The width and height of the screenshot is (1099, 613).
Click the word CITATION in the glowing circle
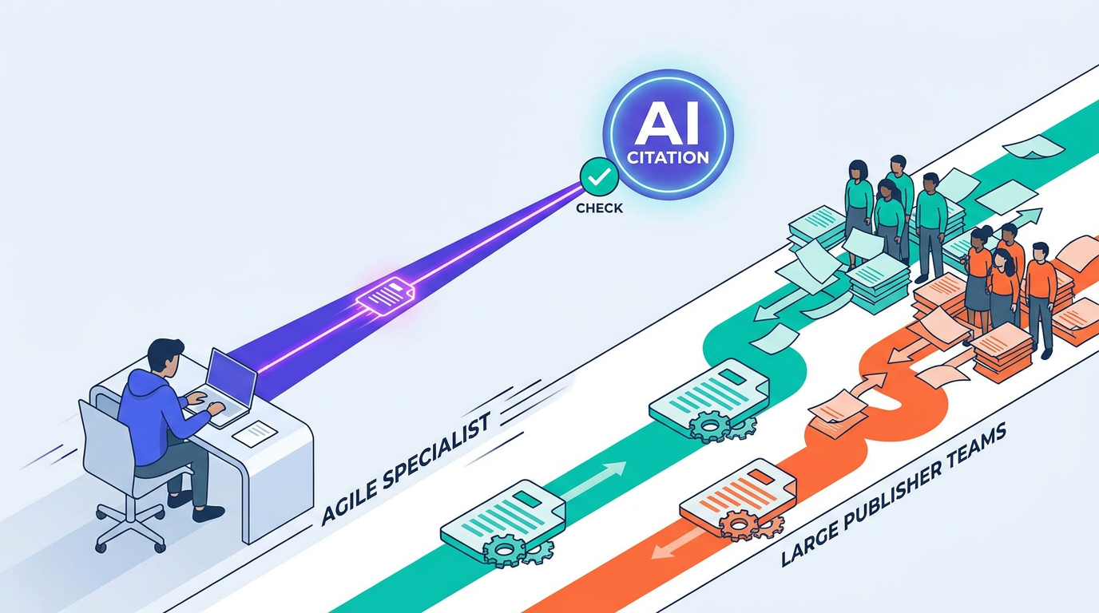[x=669, y=157]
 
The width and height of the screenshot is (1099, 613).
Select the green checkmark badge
[x=599, y=176]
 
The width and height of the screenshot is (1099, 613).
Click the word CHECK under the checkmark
[x=599, y=208]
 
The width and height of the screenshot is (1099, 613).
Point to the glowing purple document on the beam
[x=386, y=295]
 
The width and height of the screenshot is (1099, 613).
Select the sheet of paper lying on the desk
[x=254, y=433]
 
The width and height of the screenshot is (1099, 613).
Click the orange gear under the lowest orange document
[x=738, y=524]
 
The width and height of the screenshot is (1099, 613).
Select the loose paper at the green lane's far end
[x=1033, y=146]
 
